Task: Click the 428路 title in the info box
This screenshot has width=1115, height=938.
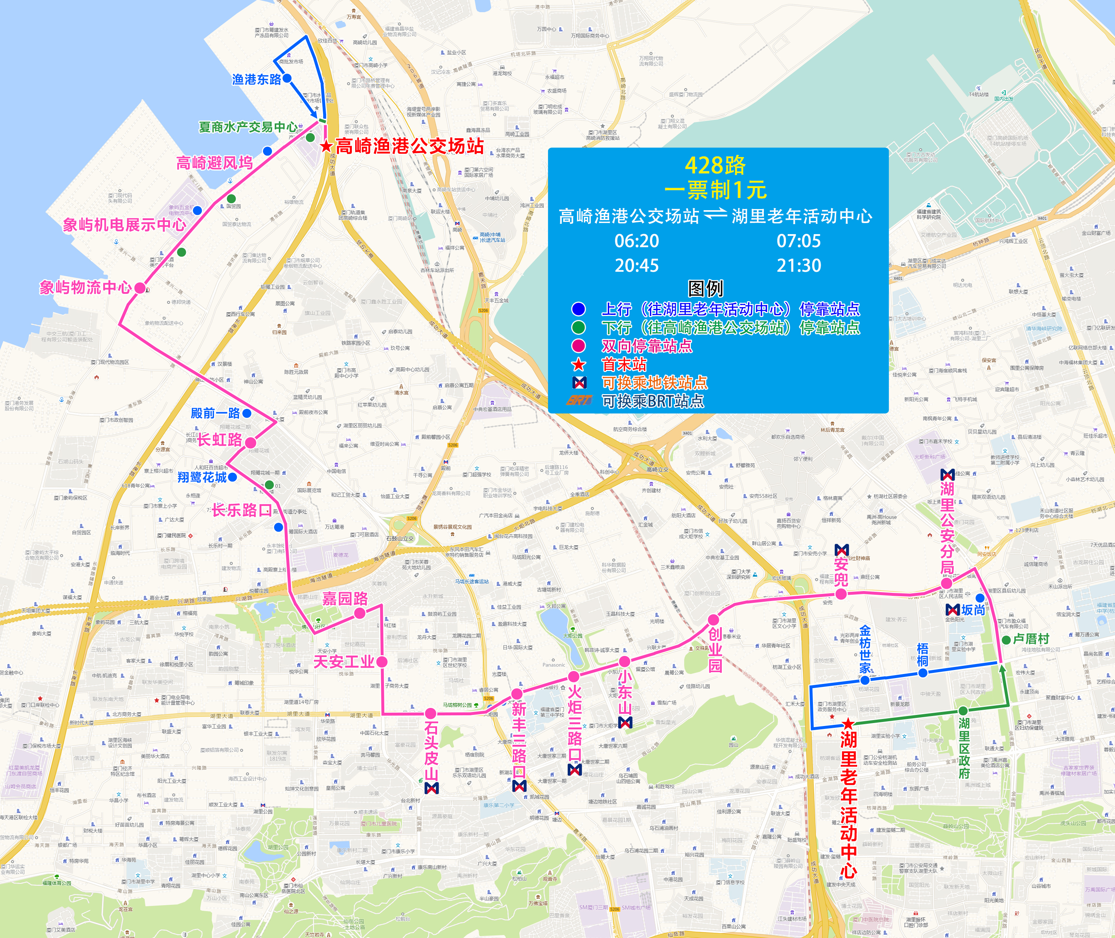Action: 715,166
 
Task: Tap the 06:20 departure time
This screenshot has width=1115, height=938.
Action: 636,241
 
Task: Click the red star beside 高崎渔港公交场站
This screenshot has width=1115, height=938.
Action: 326,146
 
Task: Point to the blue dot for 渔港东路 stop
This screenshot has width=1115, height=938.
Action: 287,78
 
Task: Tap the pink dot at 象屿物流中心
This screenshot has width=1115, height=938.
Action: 140,288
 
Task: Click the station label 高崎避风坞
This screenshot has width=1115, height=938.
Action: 214,163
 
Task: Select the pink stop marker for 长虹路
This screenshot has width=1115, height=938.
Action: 250,442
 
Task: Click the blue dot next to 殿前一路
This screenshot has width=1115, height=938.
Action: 247,413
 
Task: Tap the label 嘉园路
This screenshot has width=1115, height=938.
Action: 345,599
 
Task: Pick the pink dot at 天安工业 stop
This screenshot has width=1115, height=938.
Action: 381,661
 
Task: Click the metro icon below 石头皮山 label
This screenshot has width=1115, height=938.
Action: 432,788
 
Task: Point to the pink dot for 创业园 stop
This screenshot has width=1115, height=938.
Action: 713,619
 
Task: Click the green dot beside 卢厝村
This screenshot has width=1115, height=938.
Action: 1006,640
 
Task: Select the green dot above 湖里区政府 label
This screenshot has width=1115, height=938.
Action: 963,711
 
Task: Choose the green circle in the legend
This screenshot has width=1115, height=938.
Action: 578,327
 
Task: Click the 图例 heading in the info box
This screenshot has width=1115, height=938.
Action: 705,288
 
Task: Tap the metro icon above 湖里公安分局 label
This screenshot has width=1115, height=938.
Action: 948,474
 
